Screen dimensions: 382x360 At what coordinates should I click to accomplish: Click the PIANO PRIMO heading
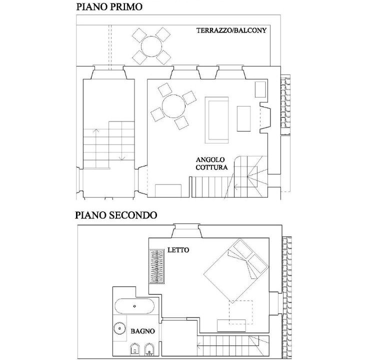pos(109,7)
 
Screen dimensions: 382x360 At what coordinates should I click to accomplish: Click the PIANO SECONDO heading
pos(116,215)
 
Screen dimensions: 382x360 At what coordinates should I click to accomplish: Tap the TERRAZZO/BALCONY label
pos(231,30)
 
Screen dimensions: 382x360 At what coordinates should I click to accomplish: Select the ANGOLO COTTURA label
pos(211,163)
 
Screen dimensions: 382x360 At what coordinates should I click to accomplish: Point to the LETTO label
pos(178,250)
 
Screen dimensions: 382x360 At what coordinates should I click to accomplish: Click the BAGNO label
pos(143,331)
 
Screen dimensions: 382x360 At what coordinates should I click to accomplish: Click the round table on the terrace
pos(151,46)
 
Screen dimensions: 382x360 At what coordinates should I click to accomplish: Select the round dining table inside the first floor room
pos(173,106)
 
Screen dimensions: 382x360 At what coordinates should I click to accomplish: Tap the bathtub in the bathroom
pos(134,306)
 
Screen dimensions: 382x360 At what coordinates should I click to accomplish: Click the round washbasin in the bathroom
pos(119,328)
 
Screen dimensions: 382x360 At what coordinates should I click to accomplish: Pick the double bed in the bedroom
pos(236,271)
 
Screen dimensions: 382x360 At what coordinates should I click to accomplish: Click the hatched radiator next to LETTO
pos(156,266)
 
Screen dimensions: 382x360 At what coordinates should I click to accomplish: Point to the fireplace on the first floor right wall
pos(265,117)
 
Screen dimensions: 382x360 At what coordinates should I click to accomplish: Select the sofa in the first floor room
pos(217,120)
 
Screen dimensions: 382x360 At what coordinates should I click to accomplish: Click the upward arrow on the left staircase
pos(95,148)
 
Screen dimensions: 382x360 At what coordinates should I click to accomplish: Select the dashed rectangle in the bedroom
pos(240,312)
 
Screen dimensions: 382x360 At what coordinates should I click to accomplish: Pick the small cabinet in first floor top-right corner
pos(260,89)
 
